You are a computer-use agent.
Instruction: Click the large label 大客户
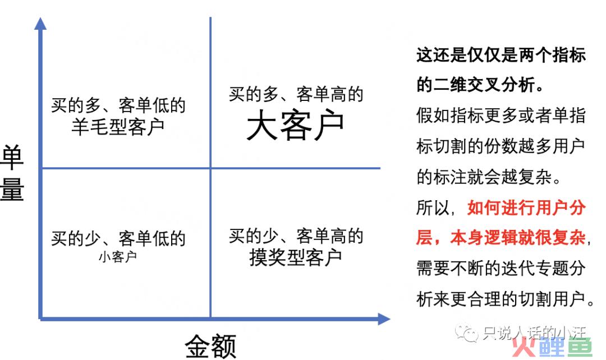(x=295, y=125)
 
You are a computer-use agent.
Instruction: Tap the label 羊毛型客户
(x=118, y=126)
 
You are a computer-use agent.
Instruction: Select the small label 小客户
(x=118, y=256)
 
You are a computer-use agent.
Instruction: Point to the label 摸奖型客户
(x=296, y=257)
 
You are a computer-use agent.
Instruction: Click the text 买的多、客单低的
(x=118, y=105)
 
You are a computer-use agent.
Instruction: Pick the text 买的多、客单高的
(x=296, y=94)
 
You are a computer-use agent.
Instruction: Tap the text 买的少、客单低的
(x=118, y=238)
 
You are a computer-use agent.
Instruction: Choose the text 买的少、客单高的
(x=296, y=236)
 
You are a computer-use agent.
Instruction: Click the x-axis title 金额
(x=210, y=346)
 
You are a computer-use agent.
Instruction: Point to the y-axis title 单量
(x=12, y=173)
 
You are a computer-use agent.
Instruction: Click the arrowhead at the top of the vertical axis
(x=40, y=24)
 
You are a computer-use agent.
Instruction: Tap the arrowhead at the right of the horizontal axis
(x=384, y=319)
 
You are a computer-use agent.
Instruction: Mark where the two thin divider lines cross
(x=210, y=168)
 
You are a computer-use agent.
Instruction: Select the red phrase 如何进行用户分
(x=526, y=207)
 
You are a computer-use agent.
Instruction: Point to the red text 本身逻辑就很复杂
(x=518, y=237)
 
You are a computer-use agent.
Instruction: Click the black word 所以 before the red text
(x=433, y=207)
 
